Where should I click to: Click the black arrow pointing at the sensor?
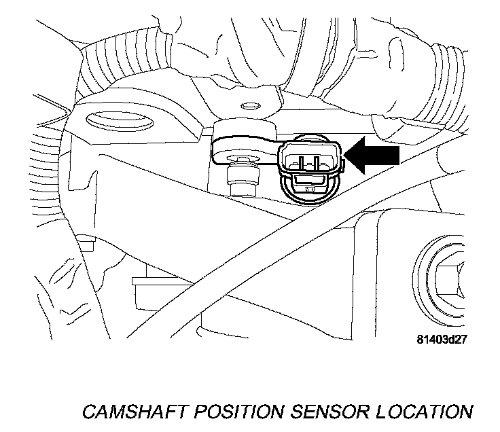pos(372,156)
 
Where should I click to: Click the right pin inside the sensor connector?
pos(316,160)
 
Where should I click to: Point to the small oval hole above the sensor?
pos(250,106)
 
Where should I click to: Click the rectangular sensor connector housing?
pos(310,158)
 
